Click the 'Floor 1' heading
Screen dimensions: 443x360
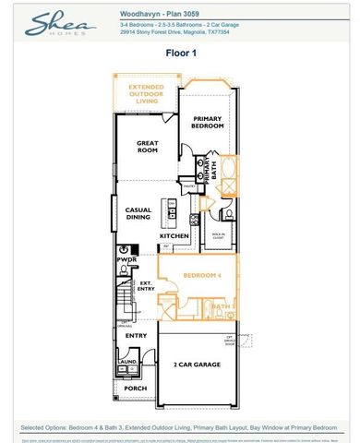[179, 54]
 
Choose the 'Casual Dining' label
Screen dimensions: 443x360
[138, 214]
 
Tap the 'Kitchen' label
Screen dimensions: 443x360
[174, 237]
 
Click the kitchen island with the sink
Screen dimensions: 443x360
[170, 211]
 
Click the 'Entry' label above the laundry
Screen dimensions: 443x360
[136, 336]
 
